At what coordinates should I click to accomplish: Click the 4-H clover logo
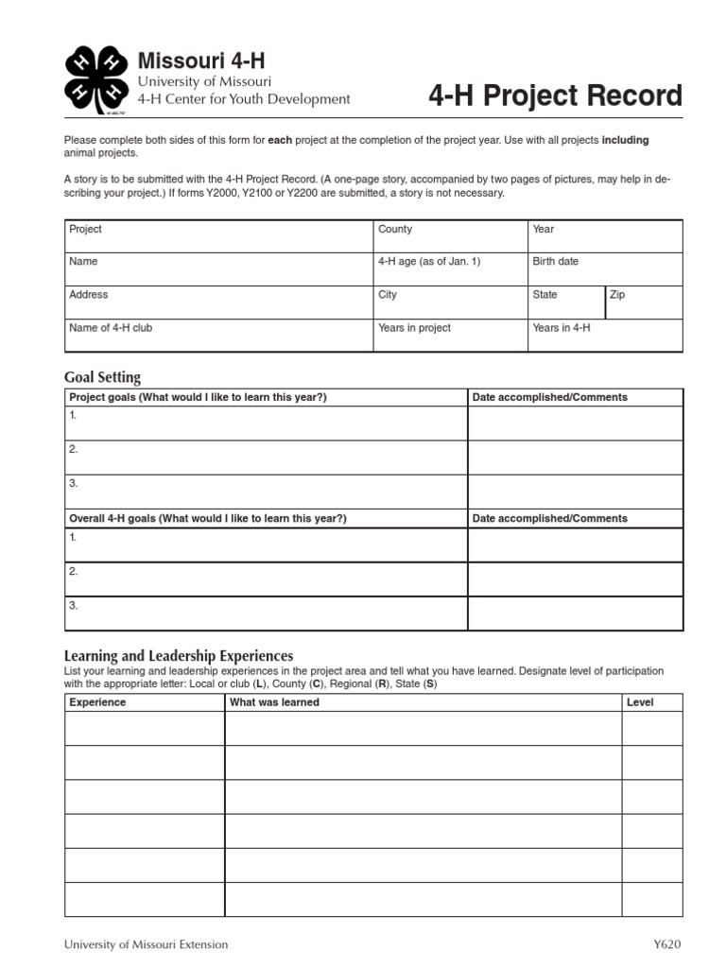click(x=95, y=78)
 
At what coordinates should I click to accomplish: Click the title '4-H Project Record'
click(x=555, y=95)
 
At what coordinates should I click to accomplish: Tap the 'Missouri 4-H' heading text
click(x=201, y=61)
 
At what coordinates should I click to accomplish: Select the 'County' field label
click(x=395, y=230)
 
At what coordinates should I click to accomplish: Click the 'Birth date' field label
click(x=556, y=262)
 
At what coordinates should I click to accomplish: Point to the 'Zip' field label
click(x=617, y=295)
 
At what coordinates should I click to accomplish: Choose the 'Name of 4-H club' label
click(x=111, y=328)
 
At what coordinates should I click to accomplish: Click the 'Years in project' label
click(x=414, y=328)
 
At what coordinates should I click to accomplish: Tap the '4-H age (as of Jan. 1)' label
click(x=429, y=262)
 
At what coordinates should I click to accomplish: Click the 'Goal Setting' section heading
click(x=102, y=377)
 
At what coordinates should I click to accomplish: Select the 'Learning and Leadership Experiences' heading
click(x=179, y=655)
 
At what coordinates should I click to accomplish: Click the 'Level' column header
click(x=640, y=702)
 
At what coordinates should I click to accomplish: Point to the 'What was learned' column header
click(x=275, y=702)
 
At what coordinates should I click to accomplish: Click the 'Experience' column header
click(x=97, y=702)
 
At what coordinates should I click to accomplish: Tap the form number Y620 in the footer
click(x=666, y=944)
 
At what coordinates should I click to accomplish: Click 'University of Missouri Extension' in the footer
click(x=146, y=944)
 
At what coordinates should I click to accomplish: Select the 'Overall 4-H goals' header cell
click(x=208, y=518)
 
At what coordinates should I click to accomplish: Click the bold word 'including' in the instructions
click(x=625, y=140)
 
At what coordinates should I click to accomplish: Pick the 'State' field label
click(x=545, y=295)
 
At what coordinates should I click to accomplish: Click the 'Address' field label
click(x=89, y=295)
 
